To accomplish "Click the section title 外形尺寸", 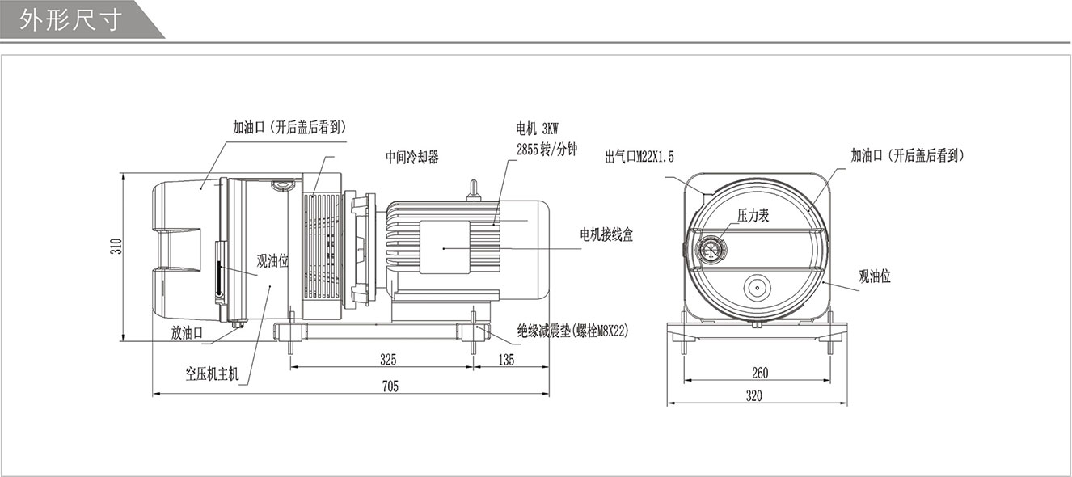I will [71, 19].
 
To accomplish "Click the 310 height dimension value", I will [116, 247].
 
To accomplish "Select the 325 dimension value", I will [388, 359].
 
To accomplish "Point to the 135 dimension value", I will [507, 359].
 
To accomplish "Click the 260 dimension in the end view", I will [760, 373].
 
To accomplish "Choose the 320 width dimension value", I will [754, 396].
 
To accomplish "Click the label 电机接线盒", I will [606, 234].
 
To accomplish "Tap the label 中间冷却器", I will [412, 158].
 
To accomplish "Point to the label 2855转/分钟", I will [547, 149].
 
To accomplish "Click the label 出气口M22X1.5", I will [639, 156].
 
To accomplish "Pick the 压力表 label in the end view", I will [752, 215].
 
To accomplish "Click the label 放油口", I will [186, 331].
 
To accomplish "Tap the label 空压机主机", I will [213, 374].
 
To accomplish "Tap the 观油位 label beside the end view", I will [874, 276].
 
